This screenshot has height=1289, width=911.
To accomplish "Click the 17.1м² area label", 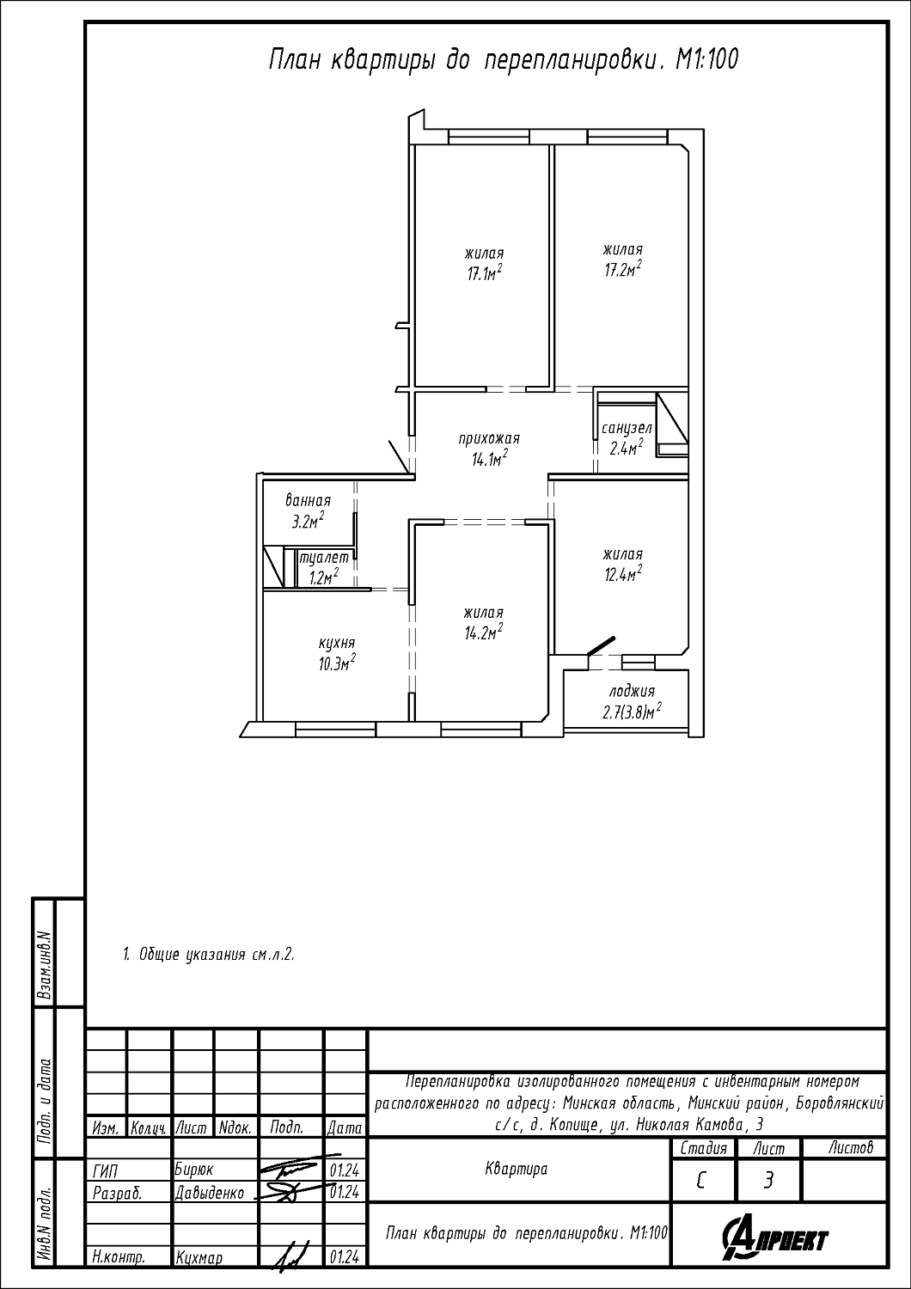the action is coord(484,272).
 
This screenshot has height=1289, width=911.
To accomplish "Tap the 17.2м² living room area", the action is coord(623,269).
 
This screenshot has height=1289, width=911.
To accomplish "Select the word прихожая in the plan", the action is coord(489,438).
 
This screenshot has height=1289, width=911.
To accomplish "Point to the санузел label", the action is coord(627,428).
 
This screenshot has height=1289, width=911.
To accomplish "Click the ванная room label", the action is coord(309,500).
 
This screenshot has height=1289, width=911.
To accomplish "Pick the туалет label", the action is coord(323,558).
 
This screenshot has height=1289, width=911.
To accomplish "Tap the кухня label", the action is coord(337,643).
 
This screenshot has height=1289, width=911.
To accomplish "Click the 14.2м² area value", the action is coord(484,632).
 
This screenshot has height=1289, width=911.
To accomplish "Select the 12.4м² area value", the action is coord(623,574).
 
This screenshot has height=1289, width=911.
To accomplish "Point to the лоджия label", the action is coord(632,691).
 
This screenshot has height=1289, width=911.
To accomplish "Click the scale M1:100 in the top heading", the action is coord(706,60).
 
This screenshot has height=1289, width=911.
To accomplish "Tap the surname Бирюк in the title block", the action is coord(194,1170).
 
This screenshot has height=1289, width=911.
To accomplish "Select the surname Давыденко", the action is coord(210,1194).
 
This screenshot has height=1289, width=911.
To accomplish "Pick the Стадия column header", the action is coord(703,1149).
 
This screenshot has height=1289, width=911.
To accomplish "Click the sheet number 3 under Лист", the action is coord(767,1181).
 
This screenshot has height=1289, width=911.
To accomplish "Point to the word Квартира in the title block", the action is coord(517,1169).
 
